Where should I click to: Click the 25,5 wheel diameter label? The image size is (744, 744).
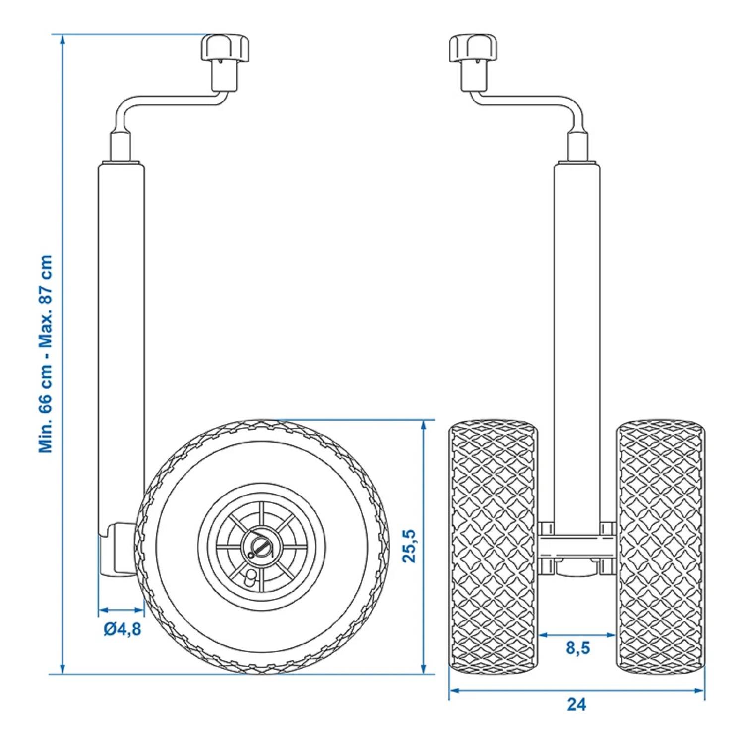click(x=410, y=546)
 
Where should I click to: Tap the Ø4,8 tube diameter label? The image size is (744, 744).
click(x=122, y=629)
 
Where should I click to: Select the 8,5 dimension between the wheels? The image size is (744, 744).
click(x=578, y=648)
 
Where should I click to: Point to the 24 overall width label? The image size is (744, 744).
click(x=576, y=704)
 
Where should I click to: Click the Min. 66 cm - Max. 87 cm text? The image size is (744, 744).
click(x=46, y=354)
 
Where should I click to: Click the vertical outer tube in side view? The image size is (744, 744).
click(x=122, y=347)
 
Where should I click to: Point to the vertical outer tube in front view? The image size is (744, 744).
click(x=576, y=347)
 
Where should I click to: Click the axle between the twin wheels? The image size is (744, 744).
click(x=576, y=547)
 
